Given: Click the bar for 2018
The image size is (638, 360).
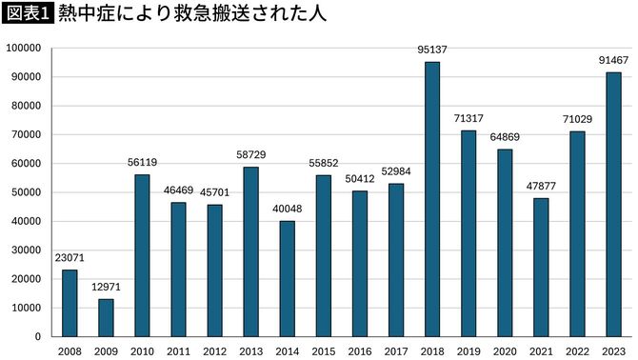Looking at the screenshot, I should pos(431,199).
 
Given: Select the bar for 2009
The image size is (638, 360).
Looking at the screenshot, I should pos(106,317).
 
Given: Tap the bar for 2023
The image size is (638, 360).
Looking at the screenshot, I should pos(613,204).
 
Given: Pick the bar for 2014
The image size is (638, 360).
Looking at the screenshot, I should pos(287,278).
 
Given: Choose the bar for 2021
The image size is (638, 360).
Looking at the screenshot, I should pos(540,267).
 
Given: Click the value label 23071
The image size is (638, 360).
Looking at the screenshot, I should pos(70,259).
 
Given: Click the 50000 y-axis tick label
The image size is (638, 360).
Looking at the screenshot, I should pos(26,191).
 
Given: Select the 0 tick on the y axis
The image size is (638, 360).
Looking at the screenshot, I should pos(38,336).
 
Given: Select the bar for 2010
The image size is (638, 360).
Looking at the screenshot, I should pos(142,254).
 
